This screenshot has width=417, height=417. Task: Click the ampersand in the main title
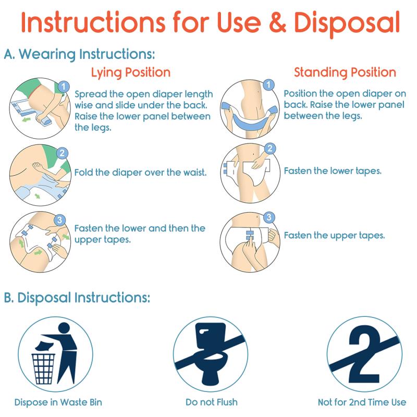click(277, 22)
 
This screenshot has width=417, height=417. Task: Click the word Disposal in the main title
click(347, 23)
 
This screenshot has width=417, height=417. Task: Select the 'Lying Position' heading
click(131, 72)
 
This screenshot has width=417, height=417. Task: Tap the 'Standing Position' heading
click(345, 72)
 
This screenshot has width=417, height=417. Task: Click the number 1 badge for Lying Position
click(63, 87)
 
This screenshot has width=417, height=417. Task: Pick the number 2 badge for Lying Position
click(62, 153)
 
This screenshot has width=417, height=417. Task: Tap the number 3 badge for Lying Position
click(60, 220)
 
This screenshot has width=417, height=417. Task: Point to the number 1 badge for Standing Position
click(268, 85)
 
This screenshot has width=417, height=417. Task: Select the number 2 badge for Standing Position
click(269, 149)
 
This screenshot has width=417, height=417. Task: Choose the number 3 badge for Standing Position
click(269, 217)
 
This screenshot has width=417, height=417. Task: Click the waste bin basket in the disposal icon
click(44, 369)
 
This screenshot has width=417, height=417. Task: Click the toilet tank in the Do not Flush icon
click(211, 336)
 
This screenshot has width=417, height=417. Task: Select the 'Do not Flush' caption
click(212, 402)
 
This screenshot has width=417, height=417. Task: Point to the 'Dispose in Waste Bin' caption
click(58, 402)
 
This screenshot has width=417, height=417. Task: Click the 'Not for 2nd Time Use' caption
click(362, 402)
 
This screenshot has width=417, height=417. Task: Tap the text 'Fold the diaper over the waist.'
click(140, 173)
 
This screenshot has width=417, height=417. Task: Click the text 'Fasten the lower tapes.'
click(333, 171)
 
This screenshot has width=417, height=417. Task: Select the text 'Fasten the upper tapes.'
click(334, 236)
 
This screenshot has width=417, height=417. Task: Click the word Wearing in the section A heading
click(47, 54)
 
